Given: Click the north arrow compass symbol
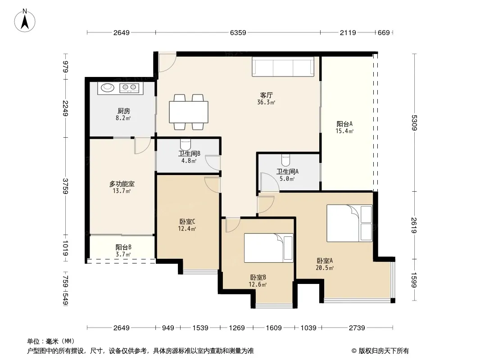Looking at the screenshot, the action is pyautogui.click(x=25, y=21).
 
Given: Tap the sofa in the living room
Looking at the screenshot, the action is pyautogui.click(x=283, y=66).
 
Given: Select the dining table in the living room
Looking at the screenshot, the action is pyautogui.click(x=189, y=112).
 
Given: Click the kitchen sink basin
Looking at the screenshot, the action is pyautogui.click(x=108, y=88).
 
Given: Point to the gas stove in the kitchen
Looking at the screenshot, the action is pyautogui.click(x=129, y=88).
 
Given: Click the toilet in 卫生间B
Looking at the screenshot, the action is pyautogui.click(x=186, y=144).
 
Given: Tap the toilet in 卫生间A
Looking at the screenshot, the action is pyautogui.click(x=285, y=159).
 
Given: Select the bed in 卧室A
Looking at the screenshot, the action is pyautogui.click(x=349, y=223).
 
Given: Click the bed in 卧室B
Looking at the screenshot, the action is pyautogui.click(x=268, y=248).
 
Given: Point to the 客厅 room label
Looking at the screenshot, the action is pyautogui.click(x=266, y=95).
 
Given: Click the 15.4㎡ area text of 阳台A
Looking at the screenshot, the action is pyautogui.click(x=344, y=131).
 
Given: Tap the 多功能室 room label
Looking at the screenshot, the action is pyautogui.click(x=122, y=184).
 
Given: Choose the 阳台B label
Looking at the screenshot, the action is pyautogui.click(x=123, y=247).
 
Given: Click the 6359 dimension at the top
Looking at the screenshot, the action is pyautogui.click(x=238, y=32).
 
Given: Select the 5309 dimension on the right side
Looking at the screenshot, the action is pyautogui.click(x=414, y=122).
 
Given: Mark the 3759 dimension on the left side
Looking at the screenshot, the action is pyautogui.click(x=65, y=186).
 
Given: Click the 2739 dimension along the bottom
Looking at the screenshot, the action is pyautogui.click(x=357, y=328).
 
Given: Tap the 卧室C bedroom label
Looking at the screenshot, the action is pyautogui.click(x=187, y=221).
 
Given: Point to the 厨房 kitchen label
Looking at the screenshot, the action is pyautogui.click(x=123, y=111).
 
